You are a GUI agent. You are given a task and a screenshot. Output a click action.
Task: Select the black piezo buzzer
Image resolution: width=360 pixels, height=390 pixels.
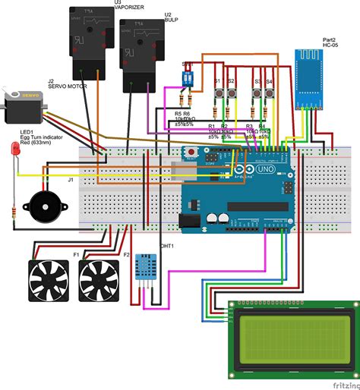40,205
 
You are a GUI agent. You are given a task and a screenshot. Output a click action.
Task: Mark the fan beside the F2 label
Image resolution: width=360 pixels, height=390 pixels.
96,279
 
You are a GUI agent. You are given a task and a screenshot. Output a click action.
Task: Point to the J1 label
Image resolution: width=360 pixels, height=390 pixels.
71,180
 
